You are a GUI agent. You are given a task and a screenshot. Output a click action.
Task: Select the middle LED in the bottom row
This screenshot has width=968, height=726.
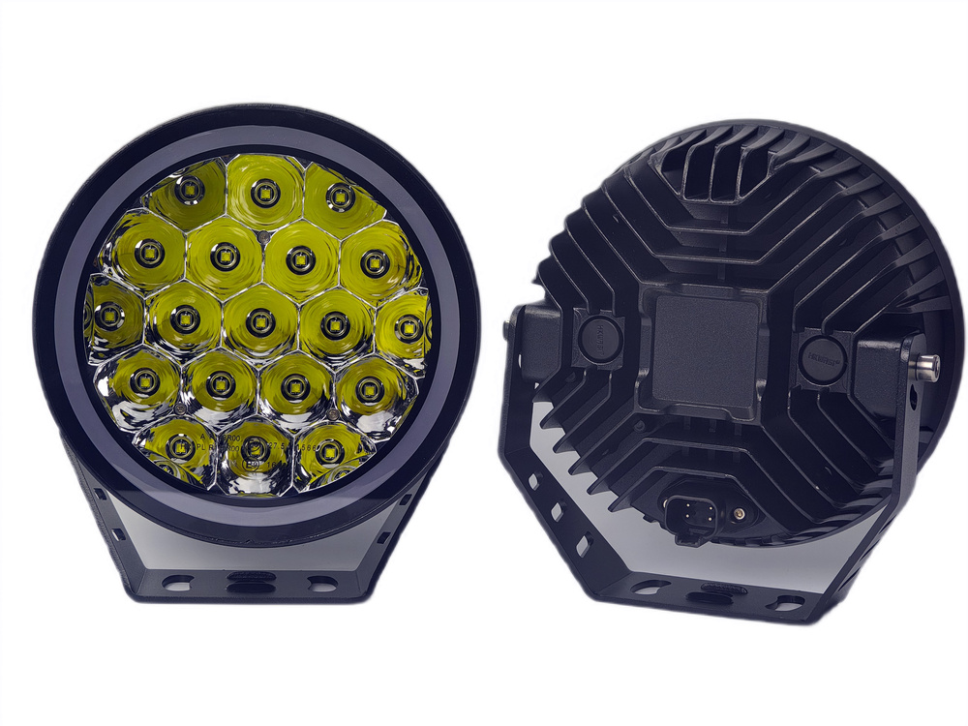coord(253,449)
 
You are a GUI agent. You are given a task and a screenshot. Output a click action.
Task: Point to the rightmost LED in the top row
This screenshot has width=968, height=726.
coord(338,198)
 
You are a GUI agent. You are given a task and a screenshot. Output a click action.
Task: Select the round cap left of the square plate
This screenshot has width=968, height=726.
coord(597,335)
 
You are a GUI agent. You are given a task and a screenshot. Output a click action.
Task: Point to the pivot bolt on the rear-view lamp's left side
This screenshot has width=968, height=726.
coord(509,329)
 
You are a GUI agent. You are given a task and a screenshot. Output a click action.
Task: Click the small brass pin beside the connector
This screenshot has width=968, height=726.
coord(740,512)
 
